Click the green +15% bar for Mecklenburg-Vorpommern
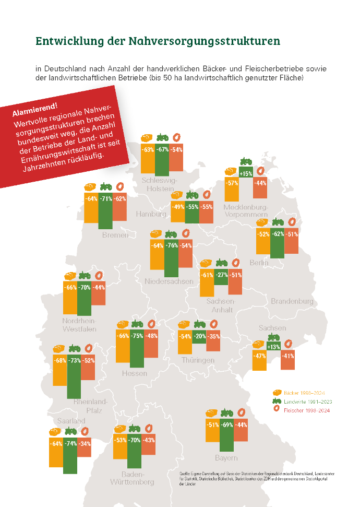click(246, 172)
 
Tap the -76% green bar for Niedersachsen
click(171, 258)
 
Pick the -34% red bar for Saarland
click(85, 444)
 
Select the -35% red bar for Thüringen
click(214, 340)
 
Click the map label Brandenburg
click(292, 301)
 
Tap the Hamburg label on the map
click(151, 214)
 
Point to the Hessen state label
click(134, 373)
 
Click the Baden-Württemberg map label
click(132, 478)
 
